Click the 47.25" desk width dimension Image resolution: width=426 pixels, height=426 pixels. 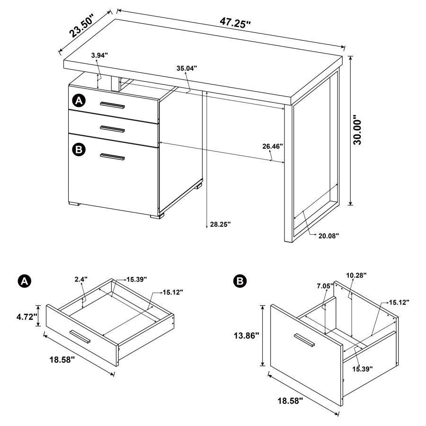[235, 22]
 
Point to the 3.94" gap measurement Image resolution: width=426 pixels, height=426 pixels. [99, 55]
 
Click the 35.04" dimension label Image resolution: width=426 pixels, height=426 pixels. [187, 68]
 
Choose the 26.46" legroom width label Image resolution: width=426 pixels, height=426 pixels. [273, 146]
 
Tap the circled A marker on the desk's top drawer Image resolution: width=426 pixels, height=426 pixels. [79, 100]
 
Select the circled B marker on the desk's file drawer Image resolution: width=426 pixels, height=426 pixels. [79, 150]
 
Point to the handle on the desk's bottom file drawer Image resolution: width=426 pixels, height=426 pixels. [112, 157]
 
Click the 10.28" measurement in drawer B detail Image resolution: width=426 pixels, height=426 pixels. [356, 275]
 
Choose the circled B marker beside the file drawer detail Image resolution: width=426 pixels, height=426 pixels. [240, 281]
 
